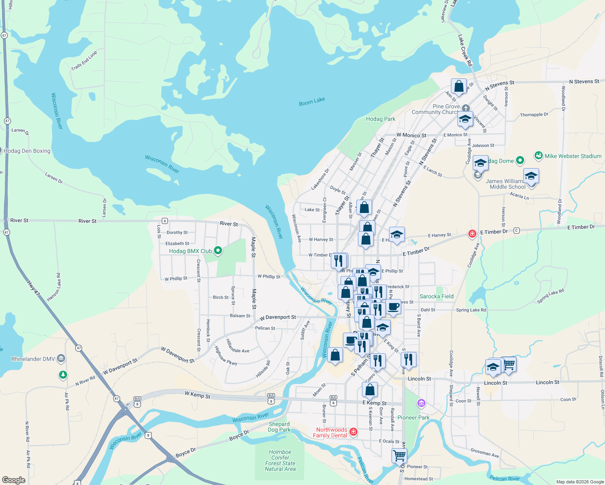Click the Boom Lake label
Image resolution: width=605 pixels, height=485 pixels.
click(312, 101)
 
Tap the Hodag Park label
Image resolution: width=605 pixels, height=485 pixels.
click(381, 119)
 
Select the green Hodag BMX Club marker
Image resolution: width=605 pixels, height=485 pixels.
click(218, 251)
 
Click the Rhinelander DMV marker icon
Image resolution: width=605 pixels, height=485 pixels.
click(61, 358)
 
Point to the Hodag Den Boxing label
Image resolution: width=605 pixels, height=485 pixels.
click(27, 151)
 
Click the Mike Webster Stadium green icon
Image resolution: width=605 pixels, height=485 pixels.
click(538, 156)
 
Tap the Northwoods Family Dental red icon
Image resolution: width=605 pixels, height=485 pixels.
click(353, 432)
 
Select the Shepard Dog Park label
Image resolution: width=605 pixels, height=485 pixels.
click(279, 427)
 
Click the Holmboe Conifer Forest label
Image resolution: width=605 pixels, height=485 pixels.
click(280, 460)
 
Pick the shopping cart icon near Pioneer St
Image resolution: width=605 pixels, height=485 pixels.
click(399, 455)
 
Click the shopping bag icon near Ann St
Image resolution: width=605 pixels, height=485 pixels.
click(459, 86)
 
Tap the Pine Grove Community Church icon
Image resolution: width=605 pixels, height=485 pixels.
click(466, 108)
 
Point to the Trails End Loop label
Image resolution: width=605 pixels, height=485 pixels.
click(84, 61)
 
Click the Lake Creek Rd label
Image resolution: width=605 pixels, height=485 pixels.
click(465, 51)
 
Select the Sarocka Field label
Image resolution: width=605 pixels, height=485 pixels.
click(436, 296)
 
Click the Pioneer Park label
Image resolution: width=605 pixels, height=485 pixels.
click(413, 418)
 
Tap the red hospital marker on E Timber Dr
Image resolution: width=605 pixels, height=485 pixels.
click(472, 234)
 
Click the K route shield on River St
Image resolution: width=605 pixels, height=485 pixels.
click(165, 221)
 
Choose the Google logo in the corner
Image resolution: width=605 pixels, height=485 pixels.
click(14, 480)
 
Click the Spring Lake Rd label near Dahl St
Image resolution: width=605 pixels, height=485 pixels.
click(471, 310)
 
